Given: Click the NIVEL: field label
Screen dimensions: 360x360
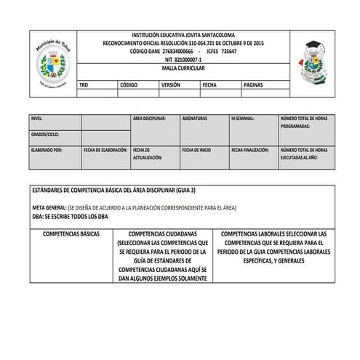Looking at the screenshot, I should click(x=38, y=117).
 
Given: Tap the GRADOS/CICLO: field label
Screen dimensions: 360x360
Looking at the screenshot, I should click(x=45, y=135).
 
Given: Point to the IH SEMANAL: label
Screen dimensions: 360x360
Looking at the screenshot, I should click(x=242, y=117).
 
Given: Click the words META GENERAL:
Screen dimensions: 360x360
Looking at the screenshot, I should click(x=49, y=207).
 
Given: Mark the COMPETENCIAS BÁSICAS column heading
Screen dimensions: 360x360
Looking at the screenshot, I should click(x=71, y=235).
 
